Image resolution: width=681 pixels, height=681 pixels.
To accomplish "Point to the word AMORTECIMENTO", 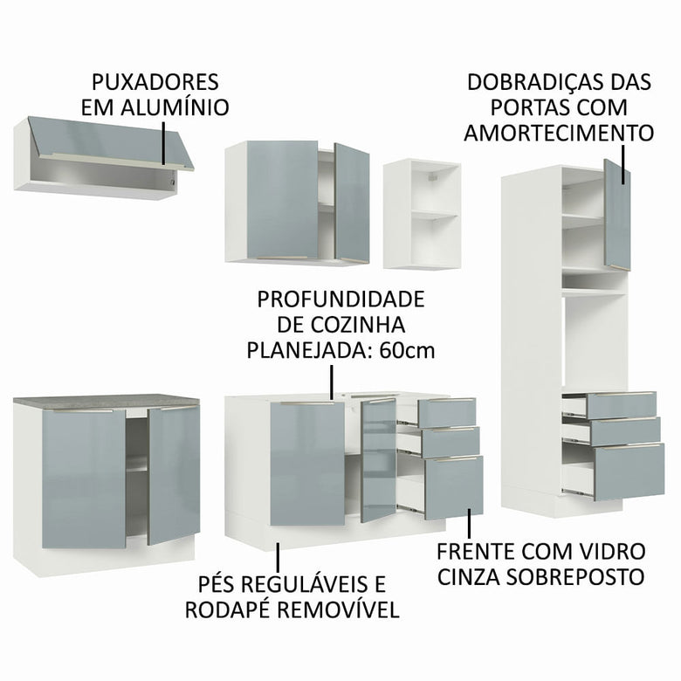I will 559,133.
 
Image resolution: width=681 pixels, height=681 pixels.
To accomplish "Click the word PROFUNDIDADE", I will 340,299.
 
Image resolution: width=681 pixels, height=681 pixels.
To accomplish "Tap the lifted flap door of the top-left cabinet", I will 109,141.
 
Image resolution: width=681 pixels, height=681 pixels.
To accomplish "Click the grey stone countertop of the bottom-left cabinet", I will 105,401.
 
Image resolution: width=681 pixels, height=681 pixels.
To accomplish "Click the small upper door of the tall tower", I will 617,214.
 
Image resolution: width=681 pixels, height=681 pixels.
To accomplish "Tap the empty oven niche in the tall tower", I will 594,340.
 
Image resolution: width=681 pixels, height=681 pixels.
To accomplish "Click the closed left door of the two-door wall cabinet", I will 281,200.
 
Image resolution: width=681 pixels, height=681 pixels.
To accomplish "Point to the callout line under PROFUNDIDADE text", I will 332,382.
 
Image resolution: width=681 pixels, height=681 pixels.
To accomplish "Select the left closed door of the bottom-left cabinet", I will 84,478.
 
